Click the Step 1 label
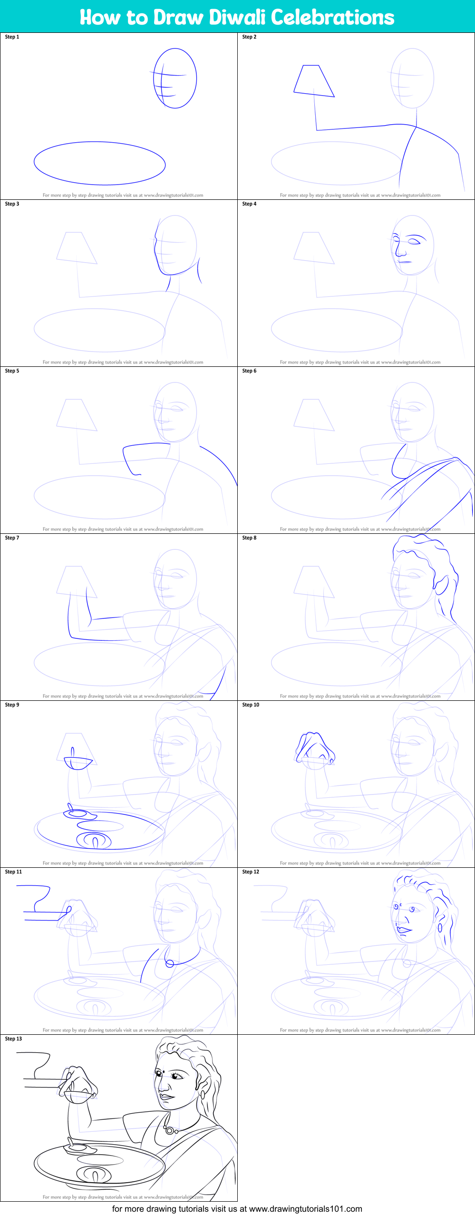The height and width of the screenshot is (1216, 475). [12, 37]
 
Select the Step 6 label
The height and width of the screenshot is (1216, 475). [249, 371]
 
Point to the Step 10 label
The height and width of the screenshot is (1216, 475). [251, 705]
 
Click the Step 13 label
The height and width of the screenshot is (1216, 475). [13, 1039]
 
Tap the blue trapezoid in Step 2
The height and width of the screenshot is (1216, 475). [313, 81]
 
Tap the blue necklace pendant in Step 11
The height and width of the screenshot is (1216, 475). [169, 963]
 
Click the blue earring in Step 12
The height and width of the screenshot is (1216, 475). [440, 928]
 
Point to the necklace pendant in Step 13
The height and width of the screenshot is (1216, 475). [170, 1130]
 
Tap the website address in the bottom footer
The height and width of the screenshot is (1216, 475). [305, 1209]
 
